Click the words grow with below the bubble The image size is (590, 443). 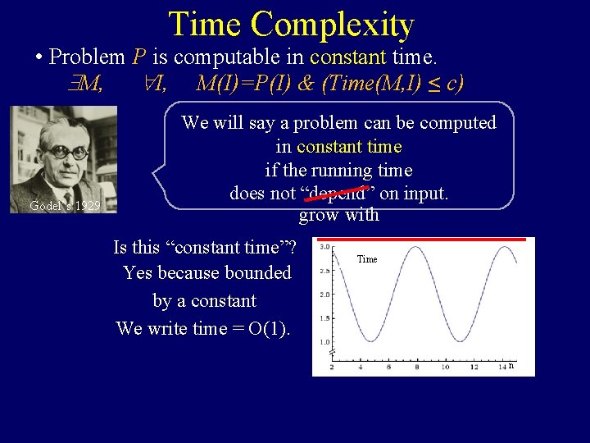click(338, 215)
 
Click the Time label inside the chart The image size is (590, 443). click(367, 259)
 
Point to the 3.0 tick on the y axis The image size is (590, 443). click(324, 246)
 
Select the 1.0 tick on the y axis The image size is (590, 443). click(324, 341)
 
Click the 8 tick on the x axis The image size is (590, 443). click(416, 367)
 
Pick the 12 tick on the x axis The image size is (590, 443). click(473, 367)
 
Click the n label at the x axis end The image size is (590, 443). click(511, 366)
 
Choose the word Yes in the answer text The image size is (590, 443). click(138, 272)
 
